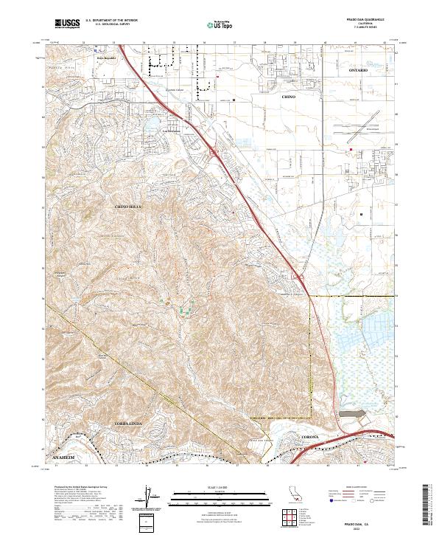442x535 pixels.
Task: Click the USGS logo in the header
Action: tap(67, 24)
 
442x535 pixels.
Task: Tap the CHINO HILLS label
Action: tap(127, 207)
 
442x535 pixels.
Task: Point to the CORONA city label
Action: tap(310, 438)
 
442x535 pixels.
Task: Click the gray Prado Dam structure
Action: tap(357, 418)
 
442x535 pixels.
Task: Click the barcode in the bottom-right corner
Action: tap(430, 509)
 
